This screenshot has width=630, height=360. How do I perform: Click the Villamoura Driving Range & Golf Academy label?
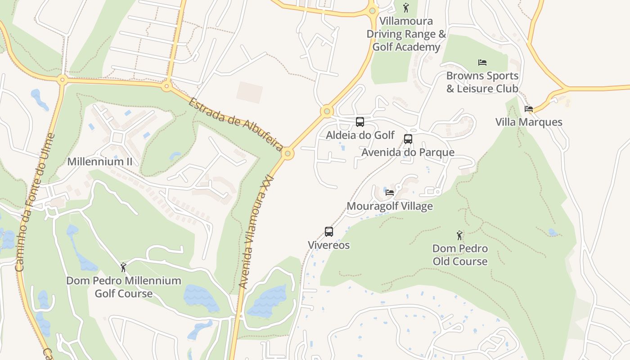coord(406,34)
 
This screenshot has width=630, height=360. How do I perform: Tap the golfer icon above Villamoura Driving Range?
coord(406,8)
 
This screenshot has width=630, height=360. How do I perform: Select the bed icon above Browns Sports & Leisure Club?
coord(482,62)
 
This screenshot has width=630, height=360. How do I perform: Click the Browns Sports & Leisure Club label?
coord(482,82)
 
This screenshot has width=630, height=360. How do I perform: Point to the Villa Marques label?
coord(529,122)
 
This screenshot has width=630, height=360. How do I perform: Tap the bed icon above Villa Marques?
coord(529,109)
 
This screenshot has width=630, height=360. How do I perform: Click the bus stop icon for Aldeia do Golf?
coord(360,121)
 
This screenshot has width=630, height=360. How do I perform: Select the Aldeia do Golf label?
coord(360,135)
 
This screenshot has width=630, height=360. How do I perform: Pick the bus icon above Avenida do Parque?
coord(408,139)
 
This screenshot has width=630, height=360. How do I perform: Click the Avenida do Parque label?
coord(408,152)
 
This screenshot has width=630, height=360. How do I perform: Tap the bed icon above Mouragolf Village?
coord(390,193)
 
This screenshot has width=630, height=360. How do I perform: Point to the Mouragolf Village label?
coord(390,206)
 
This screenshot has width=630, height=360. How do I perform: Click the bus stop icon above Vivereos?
coord(329,232)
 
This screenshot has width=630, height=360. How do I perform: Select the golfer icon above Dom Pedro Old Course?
coord(459,235)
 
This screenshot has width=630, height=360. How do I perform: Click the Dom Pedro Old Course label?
coord(460,255)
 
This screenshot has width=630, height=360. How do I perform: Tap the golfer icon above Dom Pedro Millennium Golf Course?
coord(123,267)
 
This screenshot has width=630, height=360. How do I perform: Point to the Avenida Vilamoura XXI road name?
coord(256,231)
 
